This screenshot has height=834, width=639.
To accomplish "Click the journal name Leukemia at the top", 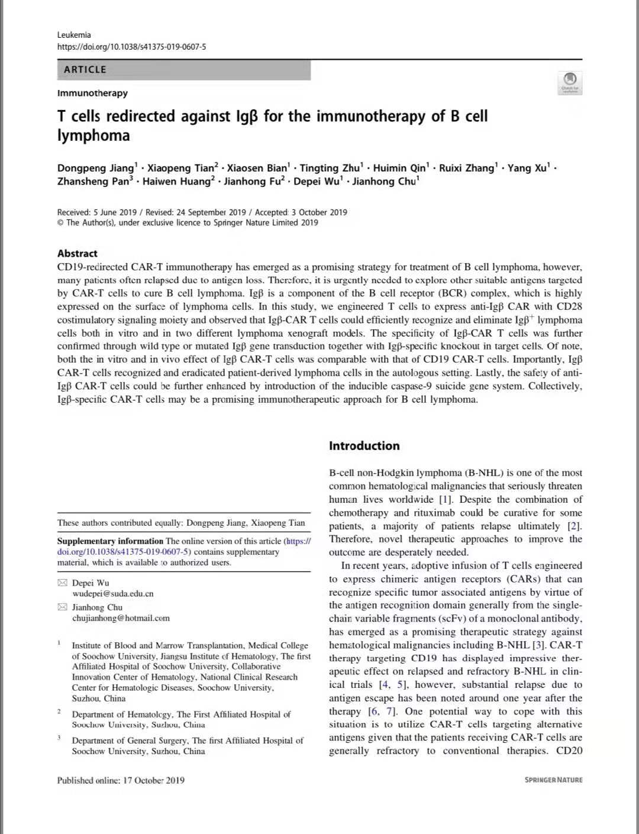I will tap(74, 35).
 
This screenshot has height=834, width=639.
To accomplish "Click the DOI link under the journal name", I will tap(131, 47).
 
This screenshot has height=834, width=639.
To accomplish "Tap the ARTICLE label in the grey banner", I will tap(85, 70).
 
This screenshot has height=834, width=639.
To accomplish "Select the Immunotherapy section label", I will tap(92, 93).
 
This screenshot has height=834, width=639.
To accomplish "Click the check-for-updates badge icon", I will tap(570, 80).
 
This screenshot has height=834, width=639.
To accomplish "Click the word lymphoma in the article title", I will tap(93, 135).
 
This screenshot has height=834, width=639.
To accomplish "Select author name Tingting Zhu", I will tap(330, 168).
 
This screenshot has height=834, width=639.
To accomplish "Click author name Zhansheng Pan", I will tap(93, 182).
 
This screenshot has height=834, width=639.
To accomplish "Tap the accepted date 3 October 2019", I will tap(319, 212).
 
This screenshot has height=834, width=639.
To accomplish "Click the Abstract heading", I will tap(78, 253).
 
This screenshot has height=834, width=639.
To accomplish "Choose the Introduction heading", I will tap(364, 446).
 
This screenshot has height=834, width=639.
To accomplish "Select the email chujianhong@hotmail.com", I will tap(121, 618).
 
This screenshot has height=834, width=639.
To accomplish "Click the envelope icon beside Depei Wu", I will tap(62, 583).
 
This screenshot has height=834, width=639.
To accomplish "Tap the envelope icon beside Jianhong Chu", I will tap(62, 607).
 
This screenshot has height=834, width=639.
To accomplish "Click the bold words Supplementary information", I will tap(110, 541).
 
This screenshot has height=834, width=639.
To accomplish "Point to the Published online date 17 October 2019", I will tap(153, 780).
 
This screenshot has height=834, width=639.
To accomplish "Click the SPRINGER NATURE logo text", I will tap(553, 780).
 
